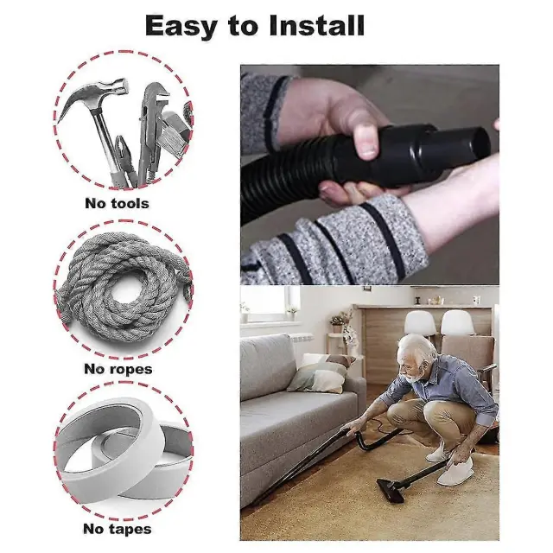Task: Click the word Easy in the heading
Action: (x=181, y=26)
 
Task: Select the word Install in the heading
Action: (x=316, y=25)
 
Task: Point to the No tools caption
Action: (x=118, y=204)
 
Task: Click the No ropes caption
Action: (x=118, y=369)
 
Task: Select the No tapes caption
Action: (x=118, y=529)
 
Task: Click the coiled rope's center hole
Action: (x=124, y=295)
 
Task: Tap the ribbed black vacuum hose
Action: (x=286, y=183)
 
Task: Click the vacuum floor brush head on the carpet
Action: (x=391, y=490)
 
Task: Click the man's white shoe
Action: (x=455, y=472)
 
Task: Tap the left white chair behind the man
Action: (x=420, y=322)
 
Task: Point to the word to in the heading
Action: (x=244, y=27)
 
